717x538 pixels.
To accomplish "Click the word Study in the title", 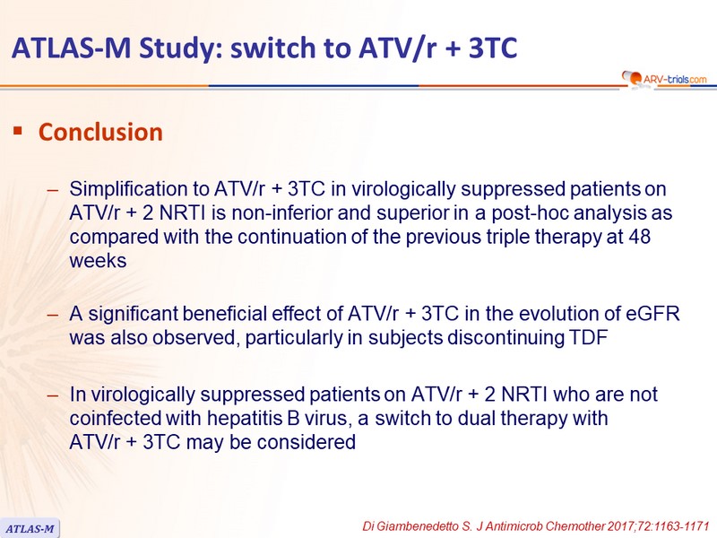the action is click(x=176, y=48).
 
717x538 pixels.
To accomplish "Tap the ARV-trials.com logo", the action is click(x=664, y=79).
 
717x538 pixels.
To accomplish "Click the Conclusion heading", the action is click(x=100, y=132).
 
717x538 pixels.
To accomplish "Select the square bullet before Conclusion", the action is click(x=18, y=131).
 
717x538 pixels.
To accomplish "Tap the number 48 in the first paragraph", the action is click(x=639, y=237).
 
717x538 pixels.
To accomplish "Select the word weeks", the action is click(x=98, y=261).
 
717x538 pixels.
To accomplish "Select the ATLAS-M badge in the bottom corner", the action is click(x=30, y=529).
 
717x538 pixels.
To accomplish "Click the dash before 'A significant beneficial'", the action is click(x=53, y=315).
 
